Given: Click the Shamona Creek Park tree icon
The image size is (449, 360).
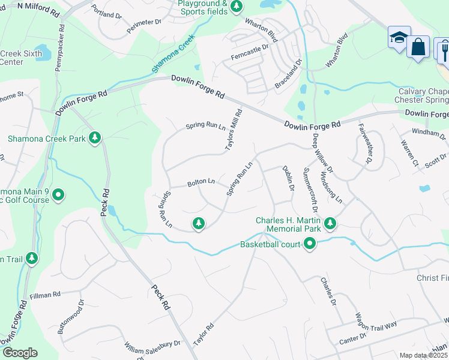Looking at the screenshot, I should (94, 139).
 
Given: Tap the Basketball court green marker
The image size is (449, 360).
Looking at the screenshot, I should (310, 244).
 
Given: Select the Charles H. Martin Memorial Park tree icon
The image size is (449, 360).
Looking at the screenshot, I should (330, 224).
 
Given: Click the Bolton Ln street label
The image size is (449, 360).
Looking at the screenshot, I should (201, 181).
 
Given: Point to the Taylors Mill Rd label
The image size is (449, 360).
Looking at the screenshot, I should (234, 129).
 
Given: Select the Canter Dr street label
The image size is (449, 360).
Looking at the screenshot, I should (353, 340).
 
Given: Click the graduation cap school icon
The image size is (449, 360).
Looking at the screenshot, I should (398, 38).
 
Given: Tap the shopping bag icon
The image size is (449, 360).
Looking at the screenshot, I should (418, 47).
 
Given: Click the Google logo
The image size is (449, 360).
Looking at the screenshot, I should (20, 353).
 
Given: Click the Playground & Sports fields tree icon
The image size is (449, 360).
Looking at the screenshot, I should (237, 6).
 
